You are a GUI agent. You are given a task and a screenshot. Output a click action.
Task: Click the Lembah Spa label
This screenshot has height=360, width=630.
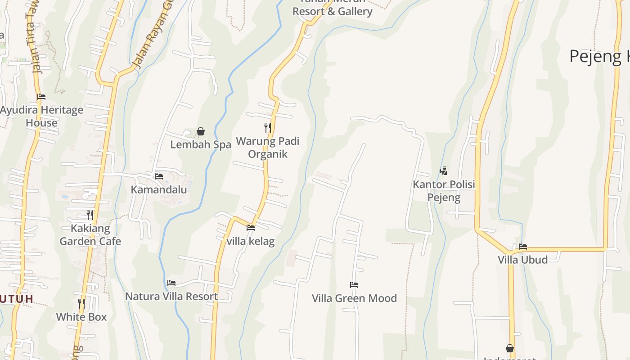[x=201, y=144]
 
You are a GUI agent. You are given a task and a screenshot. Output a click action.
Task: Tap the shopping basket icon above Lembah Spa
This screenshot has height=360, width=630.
[x=201, y=131]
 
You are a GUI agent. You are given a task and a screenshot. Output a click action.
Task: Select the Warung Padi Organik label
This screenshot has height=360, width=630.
[x=268, y=148]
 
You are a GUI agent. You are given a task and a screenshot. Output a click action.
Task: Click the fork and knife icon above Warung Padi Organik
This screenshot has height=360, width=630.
[x=268, y=127]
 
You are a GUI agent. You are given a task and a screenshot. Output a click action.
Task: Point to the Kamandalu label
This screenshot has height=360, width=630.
[x=159, y=189]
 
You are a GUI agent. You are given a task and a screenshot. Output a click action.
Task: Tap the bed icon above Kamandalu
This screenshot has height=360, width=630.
[x=159, y=176]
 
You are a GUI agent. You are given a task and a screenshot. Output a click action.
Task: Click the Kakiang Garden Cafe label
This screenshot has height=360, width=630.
[x=90, y=234]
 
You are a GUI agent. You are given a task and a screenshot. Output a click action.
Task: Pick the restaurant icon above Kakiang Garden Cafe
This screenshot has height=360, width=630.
[x=90, y=215]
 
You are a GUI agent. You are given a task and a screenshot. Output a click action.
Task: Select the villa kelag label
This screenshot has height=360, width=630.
[x=251, y=241]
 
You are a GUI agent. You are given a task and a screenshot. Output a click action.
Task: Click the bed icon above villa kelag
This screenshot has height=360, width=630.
[x=251, y=228]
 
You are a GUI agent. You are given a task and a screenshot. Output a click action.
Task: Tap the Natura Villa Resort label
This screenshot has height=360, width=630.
[x=171, y=297]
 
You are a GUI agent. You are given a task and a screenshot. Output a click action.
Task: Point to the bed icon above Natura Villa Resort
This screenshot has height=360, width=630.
[x=171, y=283]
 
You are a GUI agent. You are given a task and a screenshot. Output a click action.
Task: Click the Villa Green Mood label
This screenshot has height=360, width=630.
[x=355, y=298]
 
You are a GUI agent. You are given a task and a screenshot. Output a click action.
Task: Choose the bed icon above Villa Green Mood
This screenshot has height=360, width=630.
[x=354, y=285]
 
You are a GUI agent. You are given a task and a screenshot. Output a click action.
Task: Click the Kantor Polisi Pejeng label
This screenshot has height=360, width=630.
[x=444, y=191]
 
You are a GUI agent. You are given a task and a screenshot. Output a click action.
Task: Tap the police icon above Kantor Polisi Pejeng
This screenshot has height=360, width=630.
[x=444, y=171]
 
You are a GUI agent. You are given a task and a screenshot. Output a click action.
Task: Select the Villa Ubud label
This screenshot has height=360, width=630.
[x=522, y=260]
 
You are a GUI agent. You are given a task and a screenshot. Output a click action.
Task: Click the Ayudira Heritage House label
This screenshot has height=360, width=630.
[x=42, y=116]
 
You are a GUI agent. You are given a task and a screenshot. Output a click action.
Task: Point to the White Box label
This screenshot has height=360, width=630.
[x=81, y=317]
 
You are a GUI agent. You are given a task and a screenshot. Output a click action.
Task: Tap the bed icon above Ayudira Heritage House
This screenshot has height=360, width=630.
[x=41, y=96]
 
